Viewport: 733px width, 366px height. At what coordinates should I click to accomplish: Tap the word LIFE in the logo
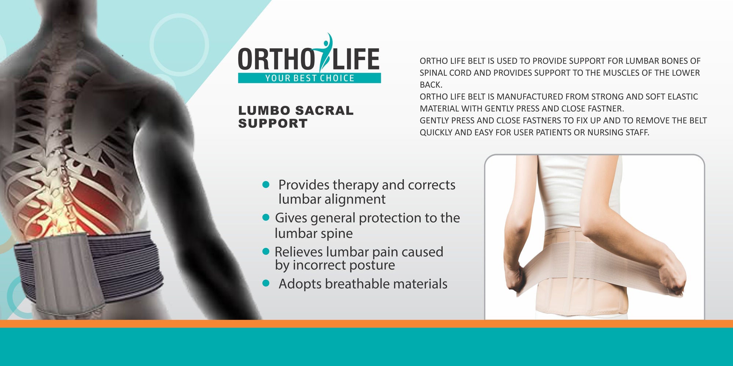(356, 59)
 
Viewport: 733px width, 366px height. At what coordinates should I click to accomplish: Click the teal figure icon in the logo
(325, 51)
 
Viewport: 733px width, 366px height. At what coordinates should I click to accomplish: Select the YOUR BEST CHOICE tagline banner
(309, 78)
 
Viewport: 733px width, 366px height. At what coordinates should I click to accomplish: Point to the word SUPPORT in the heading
(273, 124)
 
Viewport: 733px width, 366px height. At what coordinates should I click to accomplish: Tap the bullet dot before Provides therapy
(266, 185)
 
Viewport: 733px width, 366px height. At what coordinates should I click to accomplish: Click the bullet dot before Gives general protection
(266, 218)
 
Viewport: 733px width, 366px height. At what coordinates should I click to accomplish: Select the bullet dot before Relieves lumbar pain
(266, 251)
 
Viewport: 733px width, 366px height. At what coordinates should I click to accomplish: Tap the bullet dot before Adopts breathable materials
(266, 283)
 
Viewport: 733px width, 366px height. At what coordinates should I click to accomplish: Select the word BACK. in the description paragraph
(431, 85)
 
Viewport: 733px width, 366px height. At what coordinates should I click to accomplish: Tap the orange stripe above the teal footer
(366, 324)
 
